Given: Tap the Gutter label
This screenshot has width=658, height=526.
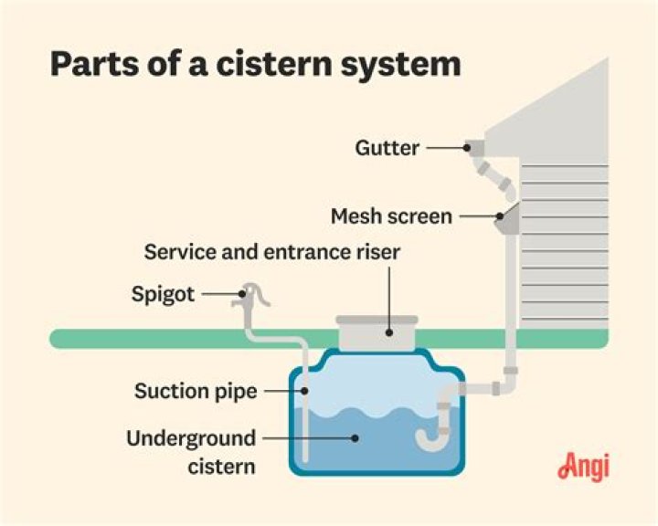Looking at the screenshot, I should [x=387, y=146].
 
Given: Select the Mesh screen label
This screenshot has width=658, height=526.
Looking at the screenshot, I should [x=391, y=216].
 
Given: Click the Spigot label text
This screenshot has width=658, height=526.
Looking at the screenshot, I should [x=163, y=295].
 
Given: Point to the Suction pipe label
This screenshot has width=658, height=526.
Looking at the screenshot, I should [x=196, y=391].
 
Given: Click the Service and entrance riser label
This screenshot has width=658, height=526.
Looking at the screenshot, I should [x=272, y=252].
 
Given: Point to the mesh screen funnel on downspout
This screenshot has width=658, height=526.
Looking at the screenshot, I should [x=505, y=216].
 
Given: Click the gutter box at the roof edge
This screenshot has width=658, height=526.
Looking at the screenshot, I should [x=473, y=146].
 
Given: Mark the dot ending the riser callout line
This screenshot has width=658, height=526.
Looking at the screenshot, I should [x=389, y=332].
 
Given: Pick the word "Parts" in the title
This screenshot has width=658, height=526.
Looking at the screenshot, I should [x=94, y=65].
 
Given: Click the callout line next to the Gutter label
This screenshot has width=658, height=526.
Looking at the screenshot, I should [x=445, y=146].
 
